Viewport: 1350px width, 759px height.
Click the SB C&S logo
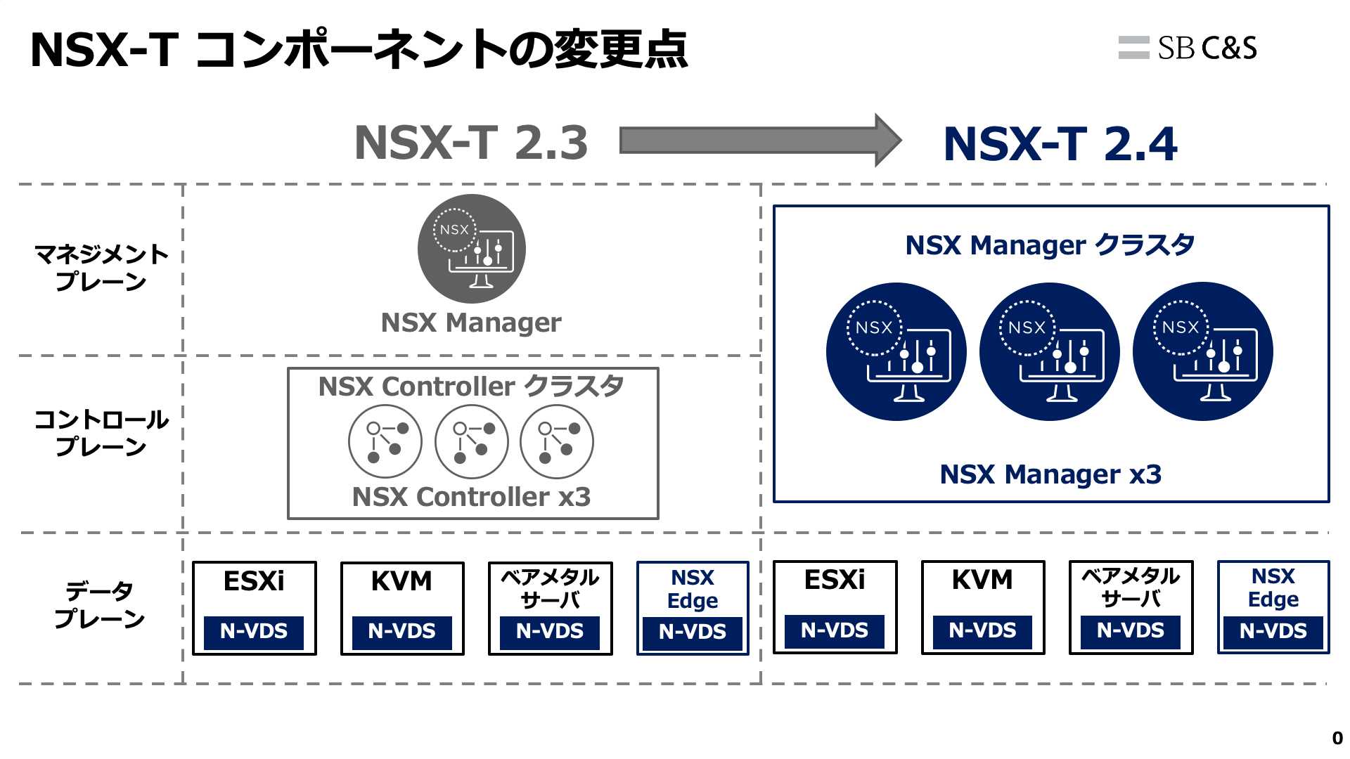coord(1188,48)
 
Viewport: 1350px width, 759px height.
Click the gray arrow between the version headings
coord(759,141)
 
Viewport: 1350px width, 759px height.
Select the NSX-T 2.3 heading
coord(471,143)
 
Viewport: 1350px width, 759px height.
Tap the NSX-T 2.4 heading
coord(1060,144)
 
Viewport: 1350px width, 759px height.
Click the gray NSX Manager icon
coord(471,249)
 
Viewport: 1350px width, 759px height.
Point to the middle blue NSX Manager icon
coord(1049,351)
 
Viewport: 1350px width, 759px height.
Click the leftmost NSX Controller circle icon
coord(385,442)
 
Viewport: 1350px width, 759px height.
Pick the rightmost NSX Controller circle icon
coord(557,442)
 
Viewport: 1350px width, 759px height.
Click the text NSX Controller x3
coord(471,497)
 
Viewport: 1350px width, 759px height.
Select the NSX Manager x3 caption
coord(1050,474)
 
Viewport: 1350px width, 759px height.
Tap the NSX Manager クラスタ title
coord(1050,245)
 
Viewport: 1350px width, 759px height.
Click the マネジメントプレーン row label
coord(101,268)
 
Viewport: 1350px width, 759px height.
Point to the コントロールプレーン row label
coord(101,433)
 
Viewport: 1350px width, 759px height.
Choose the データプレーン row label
coord(100,604)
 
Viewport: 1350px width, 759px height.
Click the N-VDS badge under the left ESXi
coord(254,631)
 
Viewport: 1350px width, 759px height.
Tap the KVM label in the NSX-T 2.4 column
coord(982,580)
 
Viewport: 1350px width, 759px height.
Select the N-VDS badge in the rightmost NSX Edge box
coord(1273,631)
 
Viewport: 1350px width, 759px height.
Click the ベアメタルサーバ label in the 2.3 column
coord(550,588)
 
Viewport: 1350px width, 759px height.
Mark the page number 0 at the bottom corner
coord(1337,739)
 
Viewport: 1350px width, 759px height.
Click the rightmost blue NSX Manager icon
coord(1202,351)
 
